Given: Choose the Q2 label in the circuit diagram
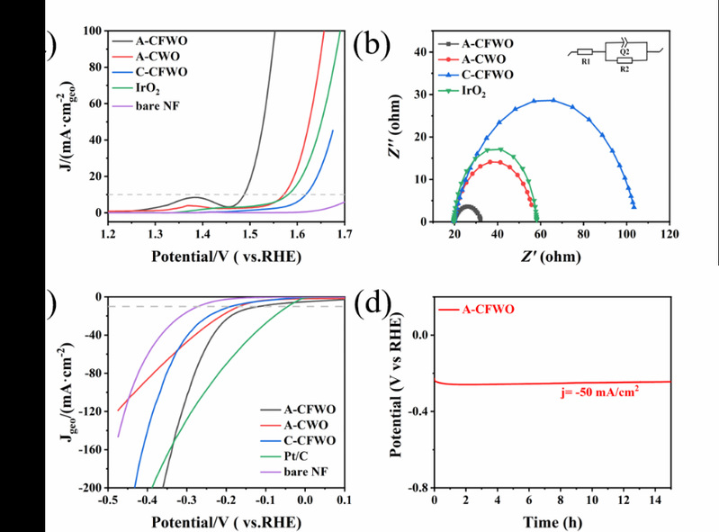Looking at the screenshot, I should pos(618,50).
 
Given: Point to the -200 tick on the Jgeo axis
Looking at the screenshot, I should pos(90,488).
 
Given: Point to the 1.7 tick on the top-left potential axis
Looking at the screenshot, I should pos(344,234).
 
